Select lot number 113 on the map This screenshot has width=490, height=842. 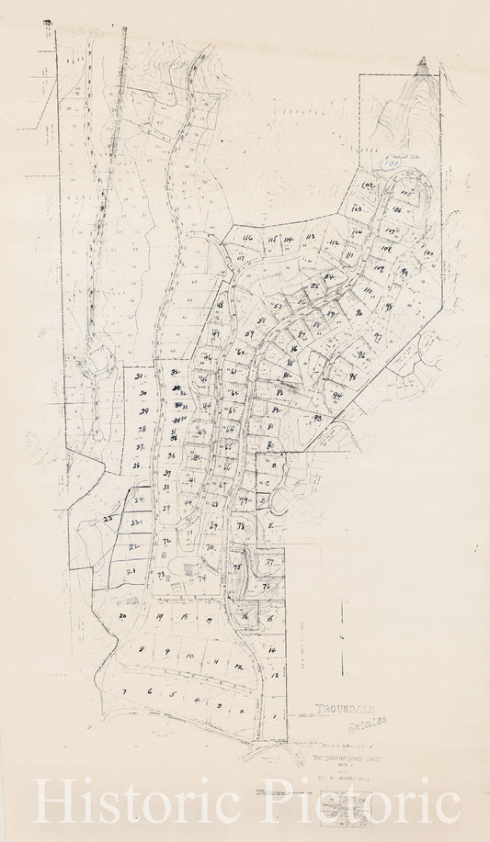pyautogui.click(x=310, y=237)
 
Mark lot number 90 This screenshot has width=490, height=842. pyautogui.click(x=359, y=312)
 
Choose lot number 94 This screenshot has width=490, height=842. pyautogui.click(x=337, y=395)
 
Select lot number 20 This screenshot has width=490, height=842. pyautogui.click(x=122, y=617)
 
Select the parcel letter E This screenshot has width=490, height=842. pyautogui.click(x=272, y=526)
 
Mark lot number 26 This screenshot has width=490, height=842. pyautogui.click(x=136, y=466)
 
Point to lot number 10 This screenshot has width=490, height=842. pyautogui.click(x=188, y=657)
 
